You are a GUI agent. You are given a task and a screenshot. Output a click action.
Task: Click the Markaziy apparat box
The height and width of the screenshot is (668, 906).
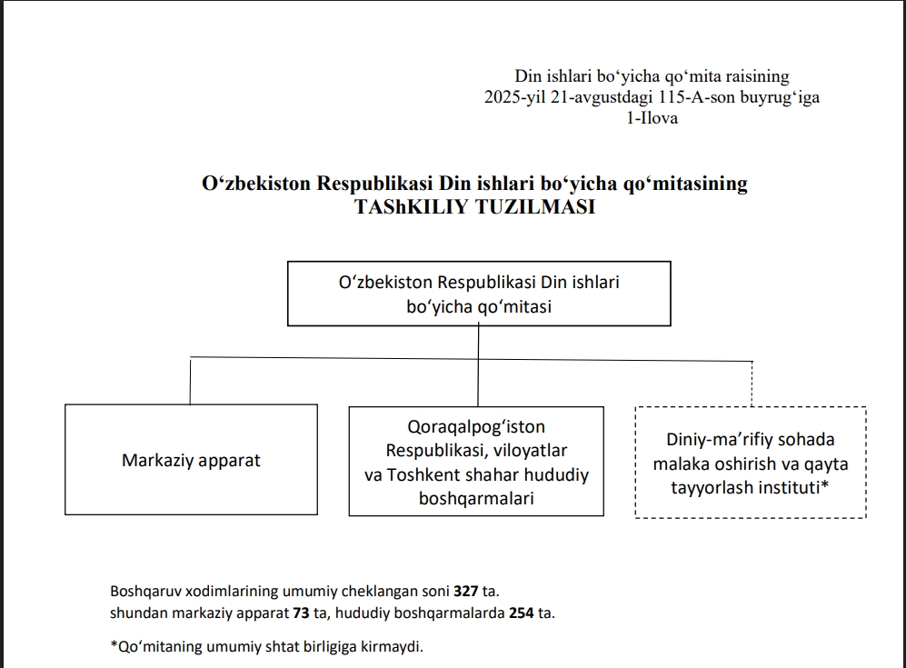[x=191, y=460]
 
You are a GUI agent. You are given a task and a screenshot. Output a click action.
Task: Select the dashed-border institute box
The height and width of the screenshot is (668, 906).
[x=751, y=463]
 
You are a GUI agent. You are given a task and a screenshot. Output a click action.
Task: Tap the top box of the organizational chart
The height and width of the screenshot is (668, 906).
[x=479, y=294]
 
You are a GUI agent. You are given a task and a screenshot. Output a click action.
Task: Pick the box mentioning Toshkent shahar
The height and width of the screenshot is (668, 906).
[x=476, y=462]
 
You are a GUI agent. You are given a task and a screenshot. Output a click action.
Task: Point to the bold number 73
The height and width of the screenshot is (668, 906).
[x=301, y=613]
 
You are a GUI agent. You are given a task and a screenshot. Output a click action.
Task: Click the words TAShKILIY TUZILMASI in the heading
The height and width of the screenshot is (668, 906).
[x=475, y=206]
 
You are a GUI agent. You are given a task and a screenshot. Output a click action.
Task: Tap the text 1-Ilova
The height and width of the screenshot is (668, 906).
[x=645, y=118]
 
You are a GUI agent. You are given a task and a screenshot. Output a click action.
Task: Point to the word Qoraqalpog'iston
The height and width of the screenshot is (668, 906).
[x=476, y=426]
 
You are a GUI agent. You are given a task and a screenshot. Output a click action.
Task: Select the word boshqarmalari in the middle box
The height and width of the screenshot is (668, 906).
[x=476, y=498]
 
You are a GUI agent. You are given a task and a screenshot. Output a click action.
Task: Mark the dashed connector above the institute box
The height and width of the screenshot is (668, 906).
[x=752, y=383]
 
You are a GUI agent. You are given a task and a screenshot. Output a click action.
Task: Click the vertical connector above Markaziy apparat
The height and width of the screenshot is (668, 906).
[x=190, y=382]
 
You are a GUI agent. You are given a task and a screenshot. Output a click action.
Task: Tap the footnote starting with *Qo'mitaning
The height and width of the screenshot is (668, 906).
[x=267, y=647]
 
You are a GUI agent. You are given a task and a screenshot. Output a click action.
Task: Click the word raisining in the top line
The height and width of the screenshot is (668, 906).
[x=756, y=76]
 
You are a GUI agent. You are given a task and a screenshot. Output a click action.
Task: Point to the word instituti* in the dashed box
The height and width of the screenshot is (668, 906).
[x=792, y=487]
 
